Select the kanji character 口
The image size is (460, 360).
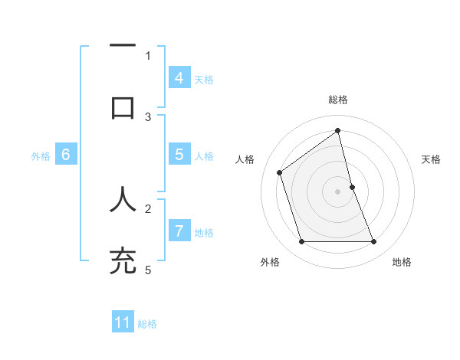point(123,107)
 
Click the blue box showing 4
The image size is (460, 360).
point(179,78)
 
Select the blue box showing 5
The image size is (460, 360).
point(179,155)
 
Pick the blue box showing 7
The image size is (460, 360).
point(179,231)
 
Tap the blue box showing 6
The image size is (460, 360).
point(66,155)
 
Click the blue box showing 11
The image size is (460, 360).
point(123,322)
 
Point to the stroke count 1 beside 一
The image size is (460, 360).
point(148,55)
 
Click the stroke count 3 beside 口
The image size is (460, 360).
point(148,116)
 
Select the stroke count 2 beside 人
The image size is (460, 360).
point(148,208)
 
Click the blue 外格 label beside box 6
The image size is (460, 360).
point(41,155)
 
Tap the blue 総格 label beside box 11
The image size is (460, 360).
point(147,324)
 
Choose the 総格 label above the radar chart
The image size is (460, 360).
point(338,100)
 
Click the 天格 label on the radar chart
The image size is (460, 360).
point(432,159)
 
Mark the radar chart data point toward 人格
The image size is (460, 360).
point(280,172)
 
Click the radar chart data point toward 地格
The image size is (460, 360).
point(373,242)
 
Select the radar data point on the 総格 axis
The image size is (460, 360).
point(338,129)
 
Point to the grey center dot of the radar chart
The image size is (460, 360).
point(338,191)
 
